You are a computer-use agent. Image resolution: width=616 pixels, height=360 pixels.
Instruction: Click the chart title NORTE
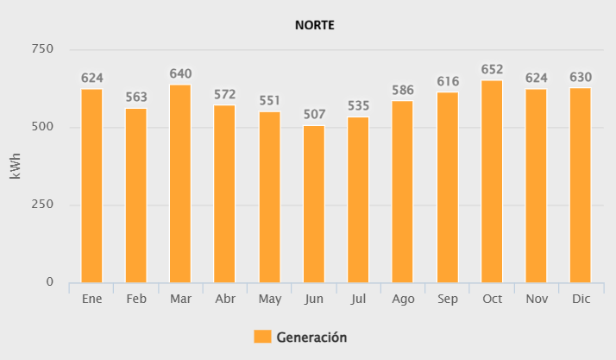pos(314,25)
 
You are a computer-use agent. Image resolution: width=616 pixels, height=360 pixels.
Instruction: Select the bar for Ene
pos(91,186)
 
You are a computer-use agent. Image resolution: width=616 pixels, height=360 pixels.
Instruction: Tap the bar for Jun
pos(314,204)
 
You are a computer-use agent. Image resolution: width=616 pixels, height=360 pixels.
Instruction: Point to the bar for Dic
pos(581,185)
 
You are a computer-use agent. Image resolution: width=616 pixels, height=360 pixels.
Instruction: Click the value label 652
pos(492,70)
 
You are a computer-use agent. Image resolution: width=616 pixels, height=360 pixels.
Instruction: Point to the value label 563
pos(136,98)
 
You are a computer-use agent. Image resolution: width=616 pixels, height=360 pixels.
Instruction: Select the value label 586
pos(403,90)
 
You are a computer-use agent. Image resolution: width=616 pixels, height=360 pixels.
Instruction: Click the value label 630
pos(581,78)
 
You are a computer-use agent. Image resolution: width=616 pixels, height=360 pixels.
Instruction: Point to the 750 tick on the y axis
pos(43,49)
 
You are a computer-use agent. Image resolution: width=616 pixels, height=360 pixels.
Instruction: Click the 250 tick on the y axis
pos(43,205)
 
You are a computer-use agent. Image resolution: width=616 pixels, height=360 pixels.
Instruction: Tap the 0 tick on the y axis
pos(49,282)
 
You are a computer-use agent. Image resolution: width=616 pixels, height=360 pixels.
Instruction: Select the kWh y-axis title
pos(16,166)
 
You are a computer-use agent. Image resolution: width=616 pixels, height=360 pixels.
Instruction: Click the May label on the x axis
pos(270,298)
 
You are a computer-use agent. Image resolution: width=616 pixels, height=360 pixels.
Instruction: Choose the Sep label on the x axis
pos(448,298)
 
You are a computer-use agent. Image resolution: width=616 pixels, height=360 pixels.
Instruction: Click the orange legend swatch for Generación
pos(262,337)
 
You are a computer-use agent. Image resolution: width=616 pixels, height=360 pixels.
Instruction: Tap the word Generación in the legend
pos(311,337)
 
